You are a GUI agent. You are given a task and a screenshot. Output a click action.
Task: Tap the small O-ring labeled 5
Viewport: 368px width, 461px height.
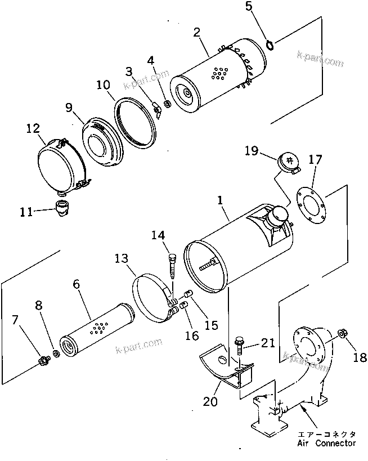pos(268,44)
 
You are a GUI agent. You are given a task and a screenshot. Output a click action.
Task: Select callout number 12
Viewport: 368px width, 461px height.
pos(32,129)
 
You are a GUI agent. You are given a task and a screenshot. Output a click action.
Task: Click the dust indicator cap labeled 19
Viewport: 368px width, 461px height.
pos(288,162)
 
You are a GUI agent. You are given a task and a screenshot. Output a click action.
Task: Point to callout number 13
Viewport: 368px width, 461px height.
pos(122,258)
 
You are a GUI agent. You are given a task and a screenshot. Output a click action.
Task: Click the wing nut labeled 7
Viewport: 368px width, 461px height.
pos(43,360)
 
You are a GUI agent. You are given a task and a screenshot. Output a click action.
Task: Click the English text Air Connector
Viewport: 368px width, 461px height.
pos(326,444)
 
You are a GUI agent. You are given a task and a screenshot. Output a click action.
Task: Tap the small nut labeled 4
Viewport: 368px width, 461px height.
pos(167,104)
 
